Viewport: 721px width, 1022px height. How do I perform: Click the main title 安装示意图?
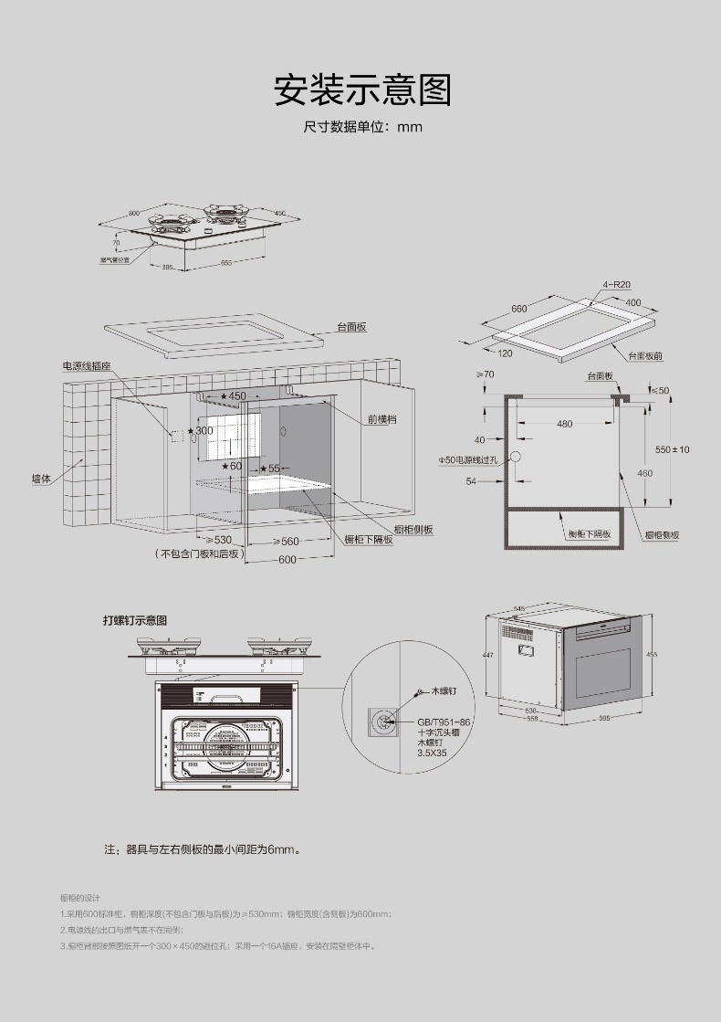pyautogui.click(x=362, y=89)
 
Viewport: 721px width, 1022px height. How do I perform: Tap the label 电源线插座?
pyautogui.click(x=87, y=365)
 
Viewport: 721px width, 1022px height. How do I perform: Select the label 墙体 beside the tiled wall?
pyautogui.click(x=41, y=479)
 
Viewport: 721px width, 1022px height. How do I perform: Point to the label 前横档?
pyautogui.click(x=382, y=418)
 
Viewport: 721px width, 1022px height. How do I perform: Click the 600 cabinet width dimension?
pyautogui.click(x=287, y=560)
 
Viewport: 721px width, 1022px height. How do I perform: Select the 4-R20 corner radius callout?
pyautogui.click(x=617, y=285)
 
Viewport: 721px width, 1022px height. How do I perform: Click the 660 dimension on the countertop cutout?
pyautogui.click(x=519, y=309)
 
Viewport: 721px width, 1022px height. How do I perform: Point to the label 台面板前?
pyautogui.click(x=645, y=355)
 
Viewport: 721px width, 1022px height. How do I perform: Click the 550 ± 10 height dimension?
pyautogui.click(x=673, y=449)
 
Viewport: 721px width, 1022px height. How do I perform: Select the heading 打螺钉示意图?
pyautogui.click(x=135, y=620)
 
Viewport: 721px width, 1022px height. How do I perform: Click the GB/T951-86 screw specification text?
pyautogui.click(x=444, y=722)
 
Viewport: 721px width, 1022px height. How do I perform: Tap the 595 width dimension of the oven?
pyautogui.click(x=604, y=719)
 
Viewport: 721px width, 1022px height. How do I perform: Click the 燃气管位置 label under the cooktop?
pyautogui.click(x=114, y=259)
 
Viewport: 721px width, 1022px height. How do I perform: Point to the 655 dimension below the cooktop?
pyautogui.click(x=225, y=263)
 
